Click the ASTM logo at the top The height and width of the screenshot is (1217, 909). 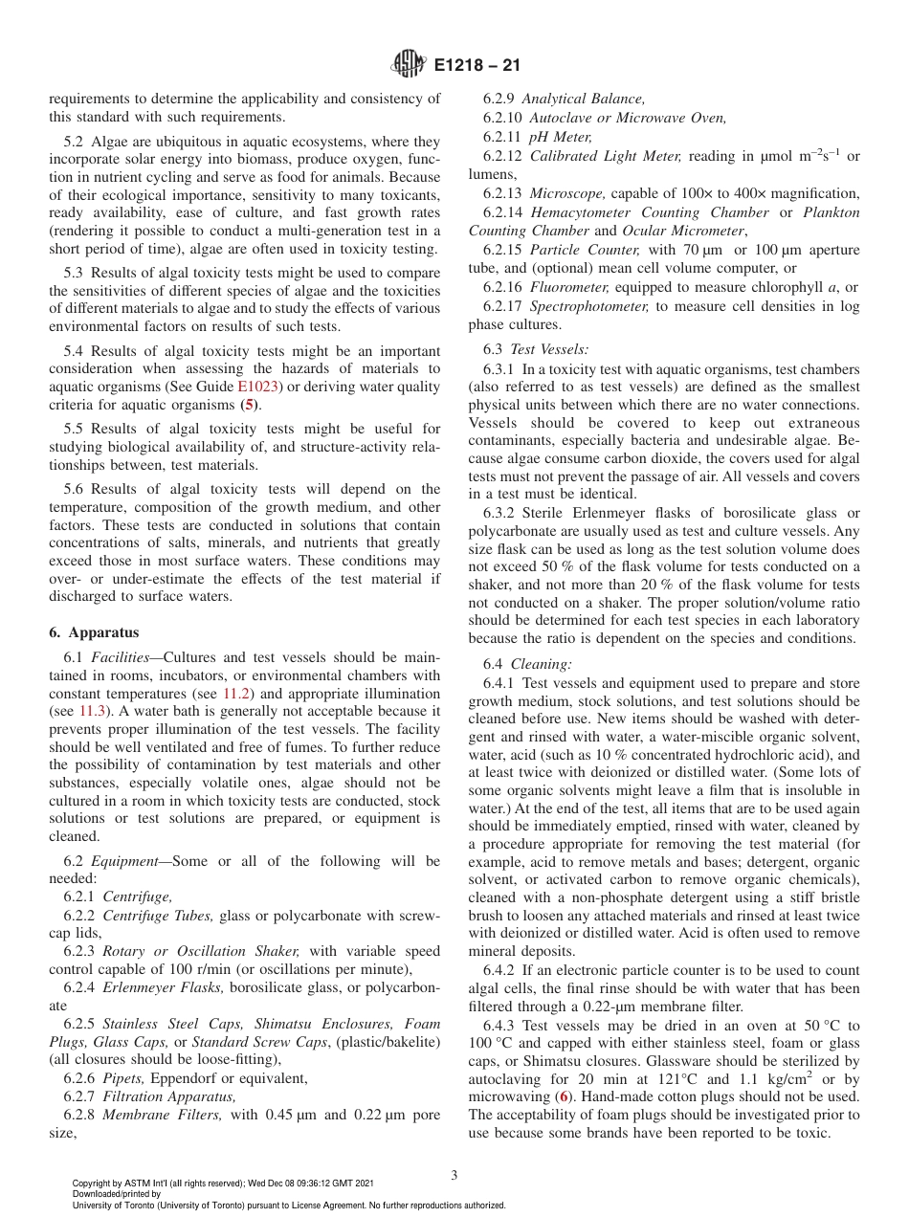409,66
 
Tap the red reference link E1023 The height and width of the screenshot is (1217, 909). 255,387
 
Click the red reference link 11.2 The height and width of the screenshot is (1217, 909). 236,694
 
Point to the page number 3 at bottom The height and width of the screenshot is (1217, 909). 454,1175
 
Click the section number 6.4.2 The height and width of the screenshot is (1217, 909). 500,970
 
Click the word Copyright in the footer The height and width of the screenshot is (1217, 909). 93,1184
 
